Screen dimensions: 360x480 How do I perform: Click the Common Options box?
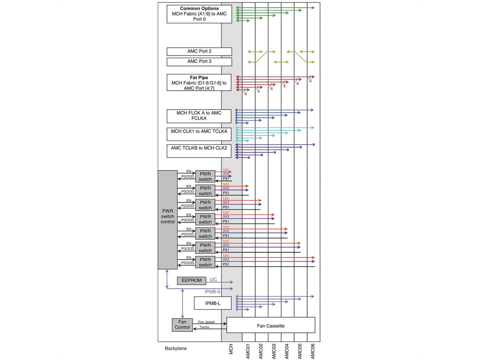[199, 14]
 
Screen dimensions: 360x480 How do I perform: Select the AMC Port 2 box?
[199, 52]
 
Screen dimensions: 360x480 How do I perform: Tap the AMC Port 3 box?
[199, 62]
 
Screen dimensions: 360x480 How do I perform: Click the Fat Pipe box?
[199, 83]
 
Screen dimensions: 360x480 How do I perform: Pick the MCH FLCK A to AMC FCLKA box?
[199, 116]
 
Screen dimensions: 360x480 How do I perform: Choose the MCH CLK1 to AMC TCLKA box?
[199, 134]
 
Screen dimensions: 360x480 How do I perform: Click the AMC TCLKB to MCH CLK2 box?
[199, 151]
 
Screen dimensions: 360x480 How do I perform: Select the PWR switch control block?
[168, 219]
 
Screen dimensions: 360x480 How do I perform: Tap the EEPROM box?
[192, 281]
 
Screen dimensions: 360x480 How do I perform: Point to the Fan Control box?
[182, 324]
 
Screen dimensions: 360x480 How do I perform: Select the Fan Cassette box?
[271, 325]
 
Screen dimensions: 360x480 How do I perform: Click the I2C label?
[213, 280]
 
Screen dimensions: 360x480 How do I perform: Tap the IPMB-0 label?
[212, 292]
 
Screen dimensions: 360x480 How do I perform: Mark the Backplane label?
[176, 348]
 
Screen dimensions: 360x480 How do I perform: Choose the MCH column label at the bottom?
[231, 348]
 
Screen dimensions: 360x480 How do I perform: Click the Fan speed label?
[206, 322]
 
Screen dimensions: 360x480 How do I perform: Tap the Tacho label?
[204, 327]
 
